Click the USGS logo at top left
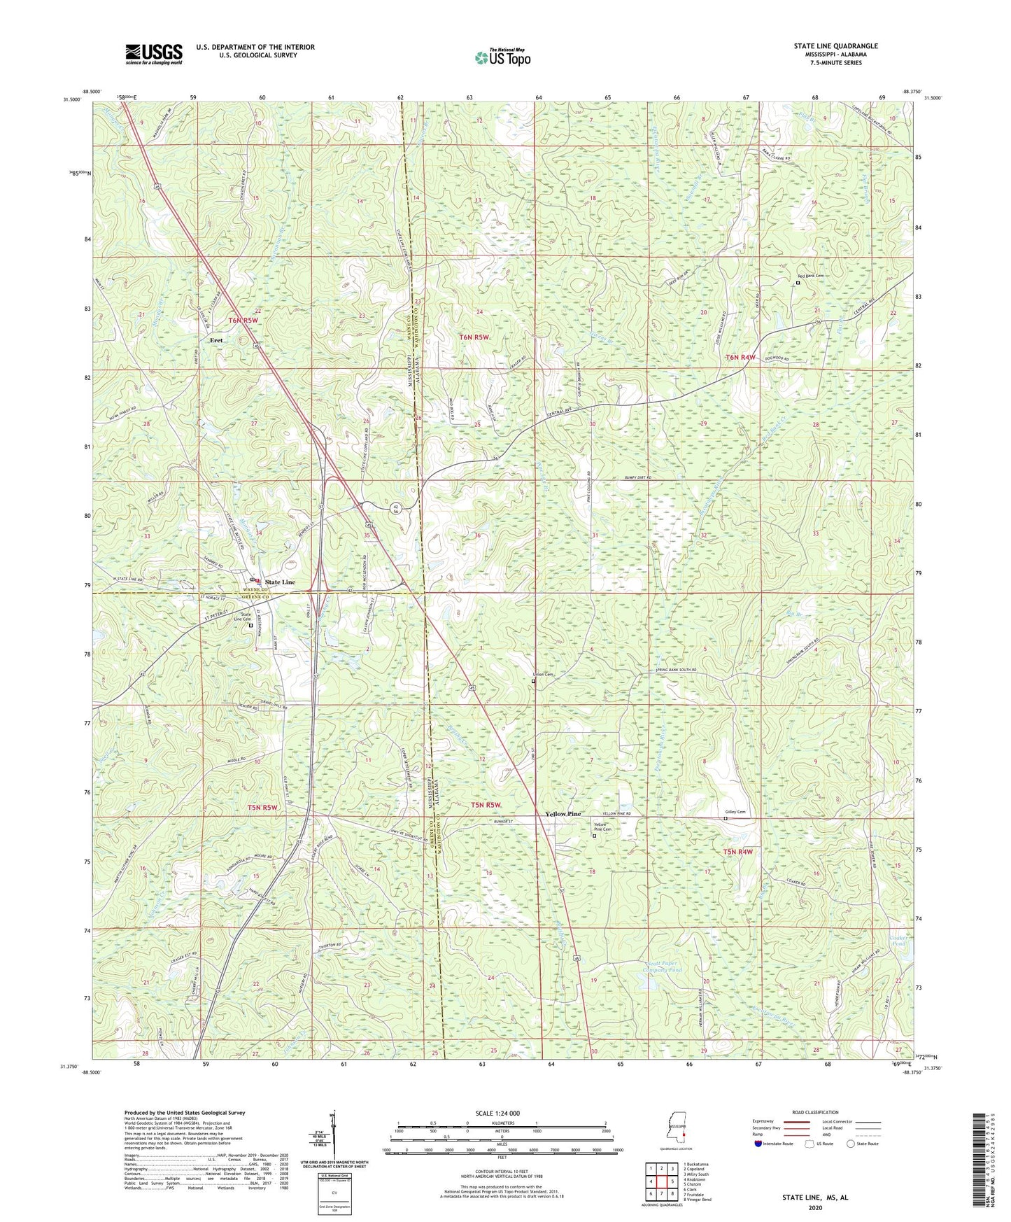[x=154, y=54]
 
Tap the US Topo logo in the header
[x=502, y=57]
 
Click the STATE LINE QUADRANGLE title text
[x=835, y=46]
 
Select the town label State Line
[x=279, y=582]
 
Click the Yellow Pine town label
[x=563, y=814]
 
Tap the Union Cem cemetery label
[x=544, y=675]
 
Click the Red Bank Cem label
[x=810, y=276]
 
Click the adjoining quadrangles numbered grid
[x=661, y=1182]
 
